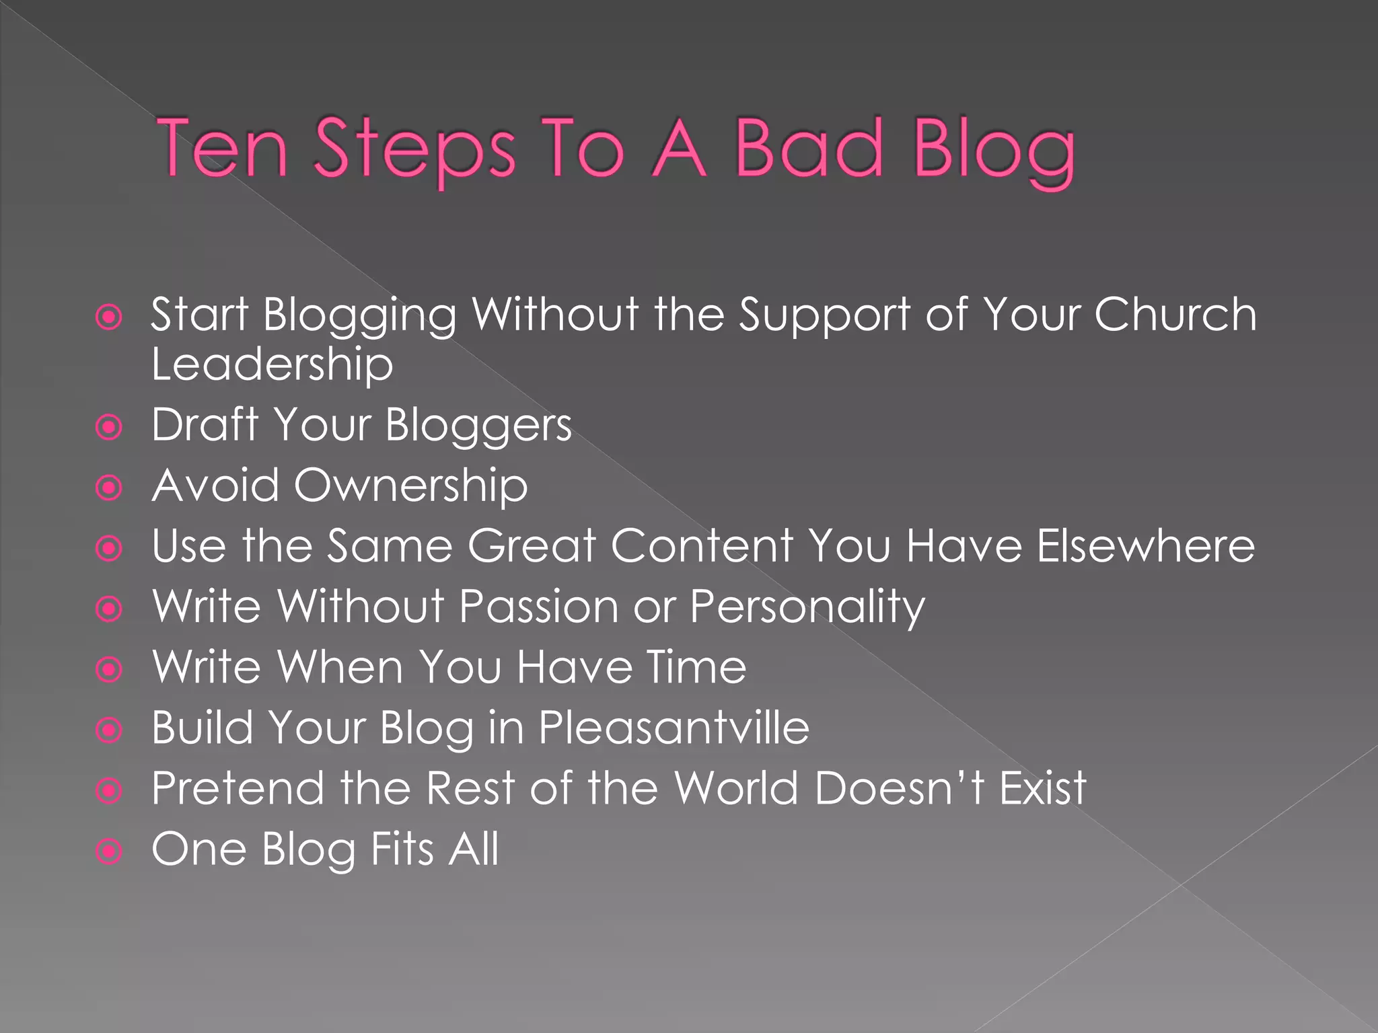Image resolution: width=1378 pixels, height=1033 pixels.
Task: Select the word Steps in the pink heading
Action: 414,149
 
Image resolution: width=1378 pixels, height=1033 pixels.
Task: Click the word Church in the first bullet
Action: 1175,314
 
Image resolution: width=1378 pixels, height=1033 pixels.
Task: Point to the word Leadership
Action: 272,364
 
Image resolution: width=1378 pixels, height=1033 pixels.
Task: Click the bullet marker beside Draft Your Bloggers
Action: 109,426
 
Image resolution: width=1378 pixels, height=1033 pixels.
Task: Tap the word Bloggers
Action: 478,426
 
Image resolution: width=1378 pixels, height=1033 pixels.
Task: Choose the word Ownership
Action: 410,486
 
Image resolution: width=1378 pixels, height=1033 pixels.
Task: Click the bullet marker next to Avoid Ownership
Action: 109,488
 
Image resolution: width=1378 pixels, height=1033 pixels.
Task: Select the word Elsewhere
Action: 1145,545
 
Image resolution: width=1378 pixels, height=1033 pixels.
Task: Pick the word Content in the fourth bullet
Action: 702,545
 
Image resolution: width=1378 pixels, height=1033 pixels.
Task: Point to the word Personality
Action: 807,607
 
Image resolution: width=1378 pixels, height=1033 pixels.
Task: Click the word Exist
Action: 1043,788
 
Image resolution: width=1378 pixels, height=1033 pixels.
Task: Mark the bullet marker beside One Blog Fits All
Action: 109,851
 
